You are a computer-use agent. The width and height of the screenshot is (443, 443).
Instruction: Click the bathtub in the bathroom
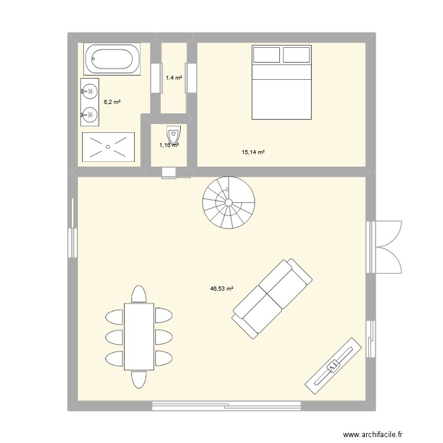click(112, 59)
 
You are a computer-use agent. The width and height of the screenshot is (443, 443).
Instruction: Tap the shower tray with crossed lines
click(108, 146)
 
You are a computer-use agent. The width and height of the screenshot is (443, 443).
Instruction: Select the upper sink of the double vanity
click(90, 91)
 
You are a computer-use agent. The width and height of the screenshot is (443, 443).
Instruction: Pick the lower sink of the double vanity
click(90, 113)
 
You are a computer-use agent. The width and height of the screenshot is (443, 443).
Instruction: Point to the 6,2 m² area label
click(112, 102)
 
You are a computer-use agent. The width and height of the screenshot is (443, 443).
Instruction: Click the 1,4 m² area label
click(174, 77)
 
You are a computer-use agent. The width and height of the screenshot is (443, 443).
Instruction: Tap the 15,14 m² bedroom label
click(253, 152)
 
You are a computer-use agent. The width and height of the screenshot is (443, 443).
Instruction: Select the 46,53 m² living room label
click(221, 289)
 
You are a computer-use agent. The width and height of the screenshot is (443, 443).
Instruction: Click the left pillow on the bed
click(266, 55)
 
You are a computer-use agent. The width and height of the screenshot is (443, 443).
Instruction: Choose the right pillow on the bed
click(297, 55)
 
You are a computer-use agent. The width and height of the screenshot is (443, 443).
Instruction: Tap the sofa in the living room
click(272, 298)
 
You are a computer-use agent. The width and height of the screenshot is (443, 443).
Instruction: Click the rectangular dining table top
click(139, 336)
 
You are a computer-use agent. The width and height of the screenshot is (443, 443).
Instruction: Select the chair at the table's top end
click(139, 294)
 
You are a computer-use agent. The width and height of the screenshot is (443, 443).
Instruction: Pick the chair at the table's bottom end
click(139, 379)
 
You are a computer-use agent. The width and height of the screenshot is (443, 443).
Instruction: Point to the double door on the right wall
click(387, 242)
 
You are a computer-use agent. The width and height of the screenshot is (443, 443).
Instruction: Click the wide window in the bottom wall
click(227, 406)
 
